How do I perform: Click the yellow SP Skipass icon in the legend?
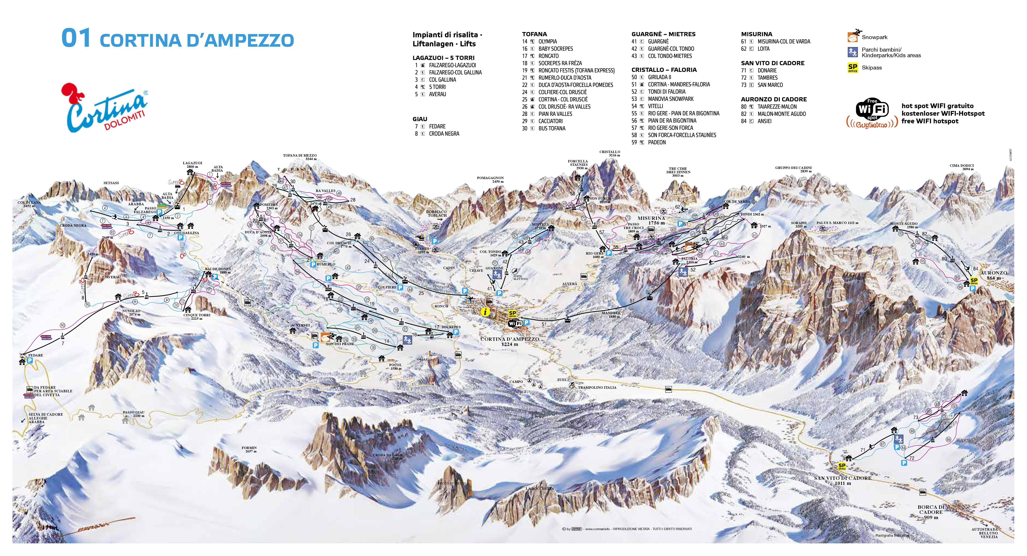pyautogui.click(x=852, y=68)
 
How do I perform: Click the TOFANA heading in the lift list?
pyautogui.click(x=534, y=34)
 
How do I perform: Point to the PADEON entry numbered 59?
pyautogui.click(x=657, y=142)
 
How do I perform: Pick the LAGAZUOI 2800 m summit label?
pyautogui.click(x=193, y=165)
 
